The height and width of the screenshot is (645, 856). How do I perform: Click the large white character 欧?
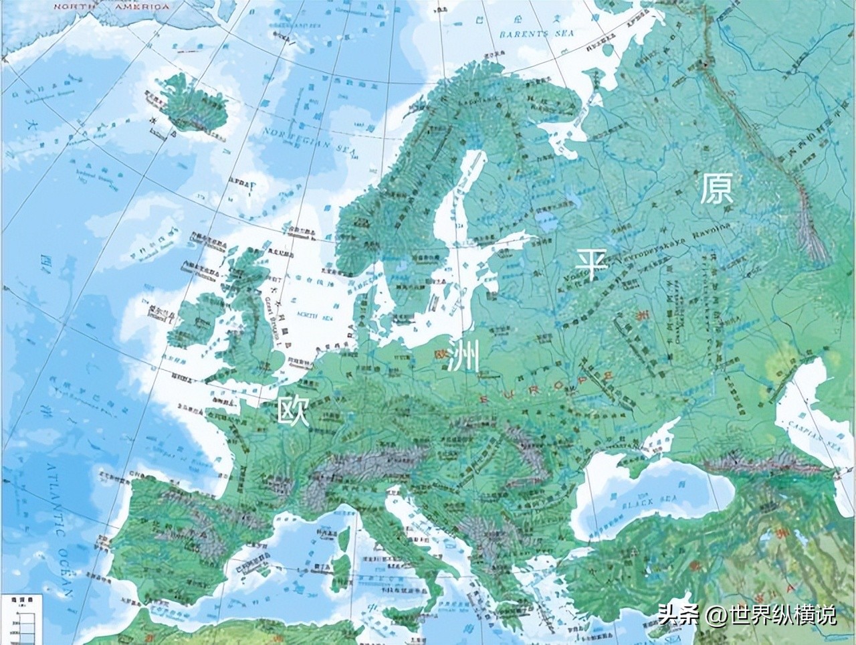pyautogui.click(x=294, y=409)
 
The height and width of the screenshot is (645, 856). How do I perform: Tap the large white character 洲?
pyautogui.click(x=463, y=354)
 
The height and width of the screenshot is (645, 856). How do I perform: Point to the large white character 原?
pyautogui.click(x=716, y=189)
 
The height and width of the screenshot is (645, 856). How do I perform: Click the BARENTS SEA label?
pyautogui.click(x=534, y=33)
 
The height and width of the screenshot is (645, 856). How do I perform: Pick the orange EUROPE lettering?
pyautogui.click(x=545, y=389)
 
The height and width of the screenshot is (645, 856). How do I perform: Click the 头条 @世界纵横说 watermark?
pyautogui.click(x=746, y=614)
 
